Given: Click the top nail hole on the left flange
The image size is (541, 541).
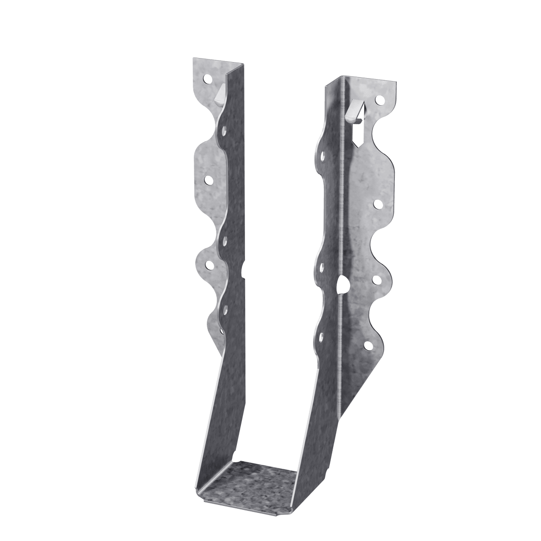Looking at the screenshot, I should pyautogui.click(x=206, y=79).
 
